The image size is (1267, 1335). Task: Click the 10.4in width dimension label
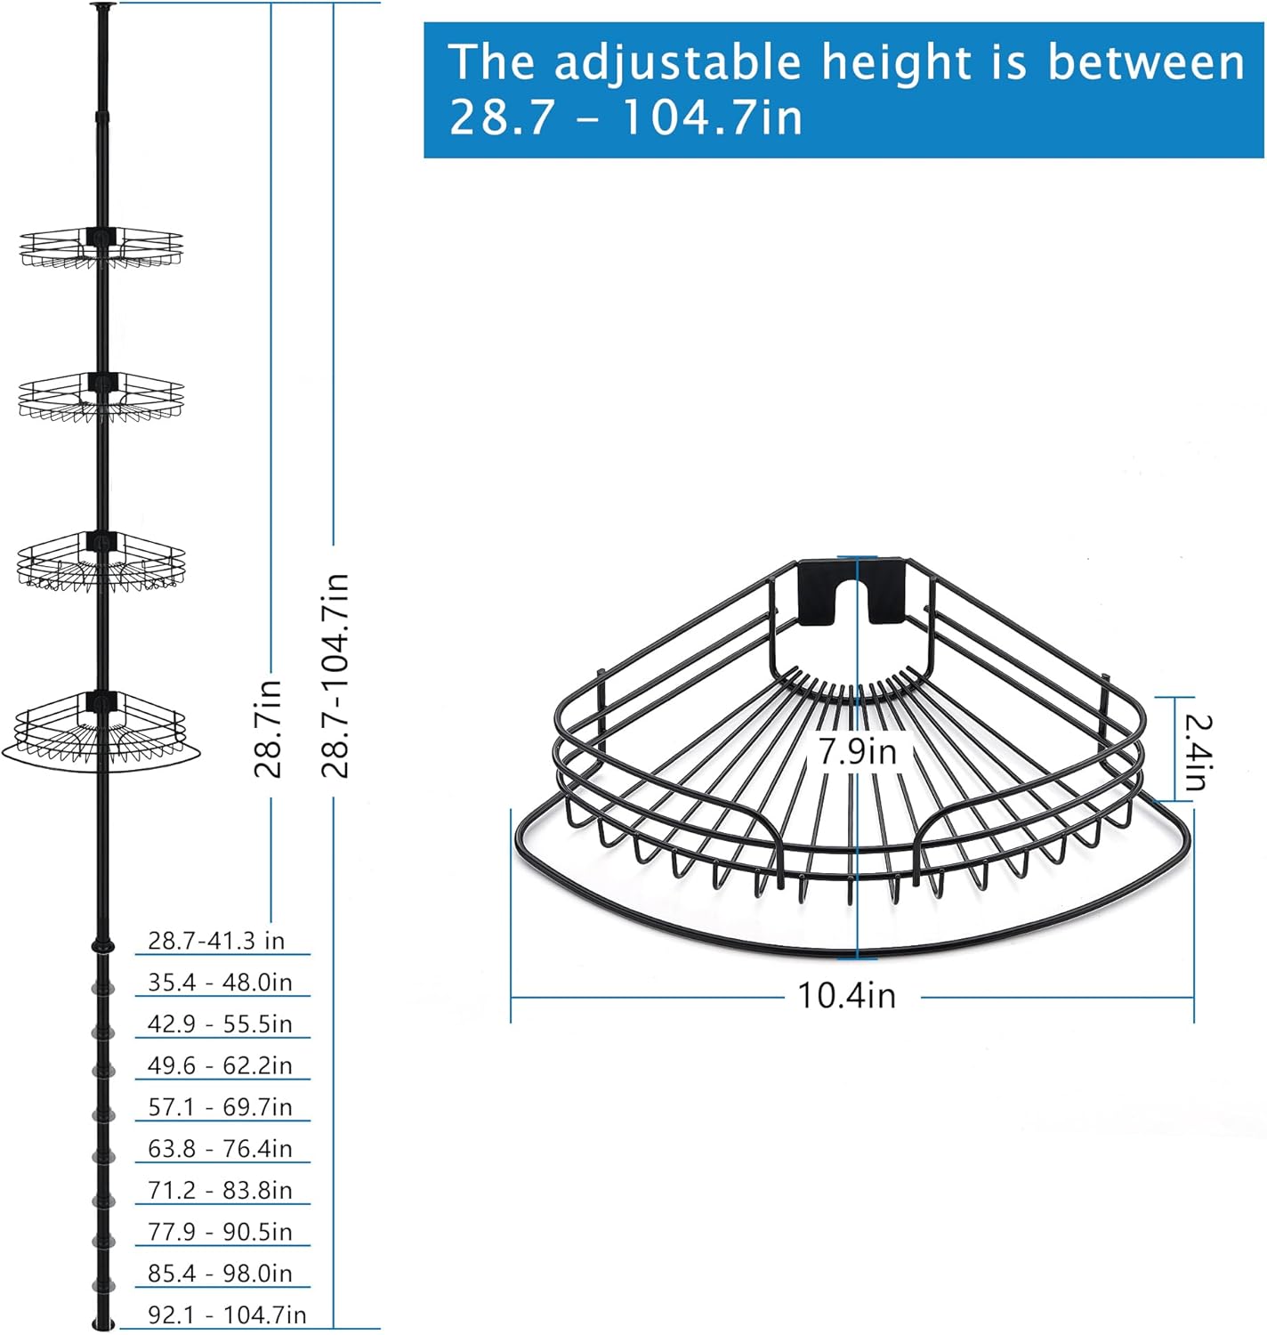point(846,996)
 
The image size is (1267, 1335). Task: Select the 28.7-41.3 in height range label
point(216,941)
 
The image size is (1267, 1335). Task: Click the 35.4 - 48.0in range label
point(220,982)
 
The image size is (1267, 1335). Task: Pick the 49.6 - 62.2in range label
point(220,1065)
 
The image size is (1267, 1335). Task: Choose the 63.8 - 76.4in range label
point(220,1148)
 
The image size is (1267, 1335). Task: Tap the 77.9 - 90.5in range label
point(220,1232)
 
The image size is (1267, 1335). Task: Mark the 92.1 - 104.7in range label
point(227,1315)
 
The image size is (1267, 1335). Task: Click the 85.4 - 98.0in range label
point(220,1274)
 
